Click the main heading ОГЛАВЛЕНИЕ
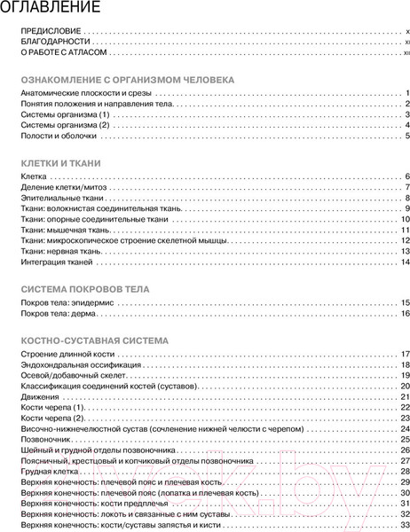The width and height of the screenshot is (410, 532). point(51,10)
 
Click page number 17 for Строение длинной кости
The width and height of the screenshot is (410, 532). point(403,355)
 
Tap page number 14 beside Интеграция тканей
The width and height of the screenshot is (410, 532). point(403,262)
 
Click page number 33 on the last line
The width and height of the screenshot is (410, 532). point(403,524)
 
